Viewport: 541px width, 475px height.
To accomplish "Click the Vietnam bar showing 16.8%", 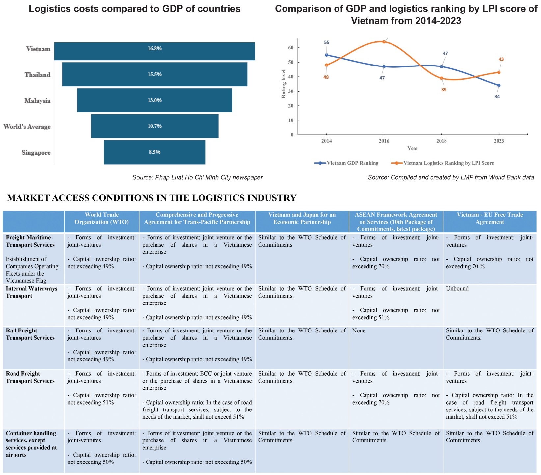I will [x=154, y=51].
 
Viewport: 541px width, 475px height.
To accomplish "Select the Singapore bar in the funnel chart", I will [x=154, y=152].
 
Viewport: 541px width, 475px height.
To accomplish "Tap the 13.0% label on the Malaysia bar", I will [x=154, y=100].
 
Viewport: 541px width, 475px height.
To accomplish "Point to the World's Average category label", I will [x=27, y=127].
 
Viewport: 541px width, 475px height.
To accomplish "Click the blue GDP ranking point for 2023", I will [x=499, y=86].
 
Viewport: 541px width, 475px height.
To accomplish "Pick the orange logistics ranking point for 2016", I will [x=384, y=42].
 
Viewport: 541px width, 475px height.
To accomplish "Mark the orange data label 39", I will [x=444, y=90].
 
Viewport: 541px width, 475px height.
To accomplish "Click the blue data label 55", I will [x=326, y=42].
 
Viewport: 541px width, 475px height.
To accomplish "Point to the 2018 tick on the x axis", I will [x=442, y=141].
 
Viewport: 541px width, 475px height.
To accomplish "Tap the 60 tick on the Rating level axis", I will [x=291, y=48].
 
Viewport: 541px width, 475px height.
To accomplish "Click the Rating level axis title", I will [x=284, y=84].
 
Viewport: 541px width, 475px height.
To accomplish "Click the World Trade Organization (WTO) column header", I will [x=101, y=218].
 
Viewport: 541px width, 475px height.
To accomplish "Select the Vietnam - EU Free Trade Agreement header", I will [x=490, y=218].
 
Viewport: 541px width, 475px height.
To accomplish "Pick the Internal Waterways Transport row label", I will [x=31, y=292].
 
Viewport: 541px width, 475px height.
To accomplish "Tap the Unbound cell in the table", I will [x=457, y=289].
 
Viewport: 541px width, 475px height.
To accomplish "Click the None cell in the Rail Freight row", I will [x=359, y=330].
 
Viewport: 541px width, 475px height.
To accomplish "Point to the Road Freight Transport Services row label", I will [x=30, y=377].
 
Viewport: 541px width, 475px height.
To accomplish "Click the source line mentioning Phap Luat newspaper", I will [x=198, y=177].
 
